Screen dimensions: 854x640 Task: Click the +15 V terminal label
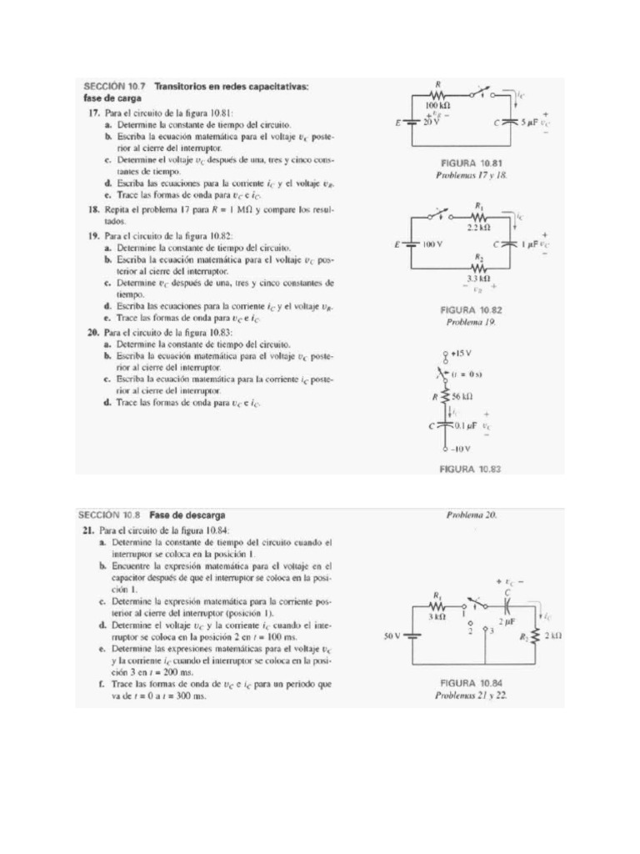(x=462, y=354)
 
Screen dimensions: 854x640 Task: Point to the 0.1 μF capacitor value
(x=465, y=424)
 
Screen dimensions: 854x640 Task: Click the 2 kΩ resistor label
(x=553, y=635)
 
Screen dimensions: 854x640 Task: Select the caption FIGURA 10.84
(x=471, y=681)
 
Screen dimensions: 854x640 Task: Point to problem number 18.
(x=94, y=210)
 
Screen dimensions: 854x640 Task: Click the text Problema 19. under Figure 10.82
(x=471, y=321)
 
